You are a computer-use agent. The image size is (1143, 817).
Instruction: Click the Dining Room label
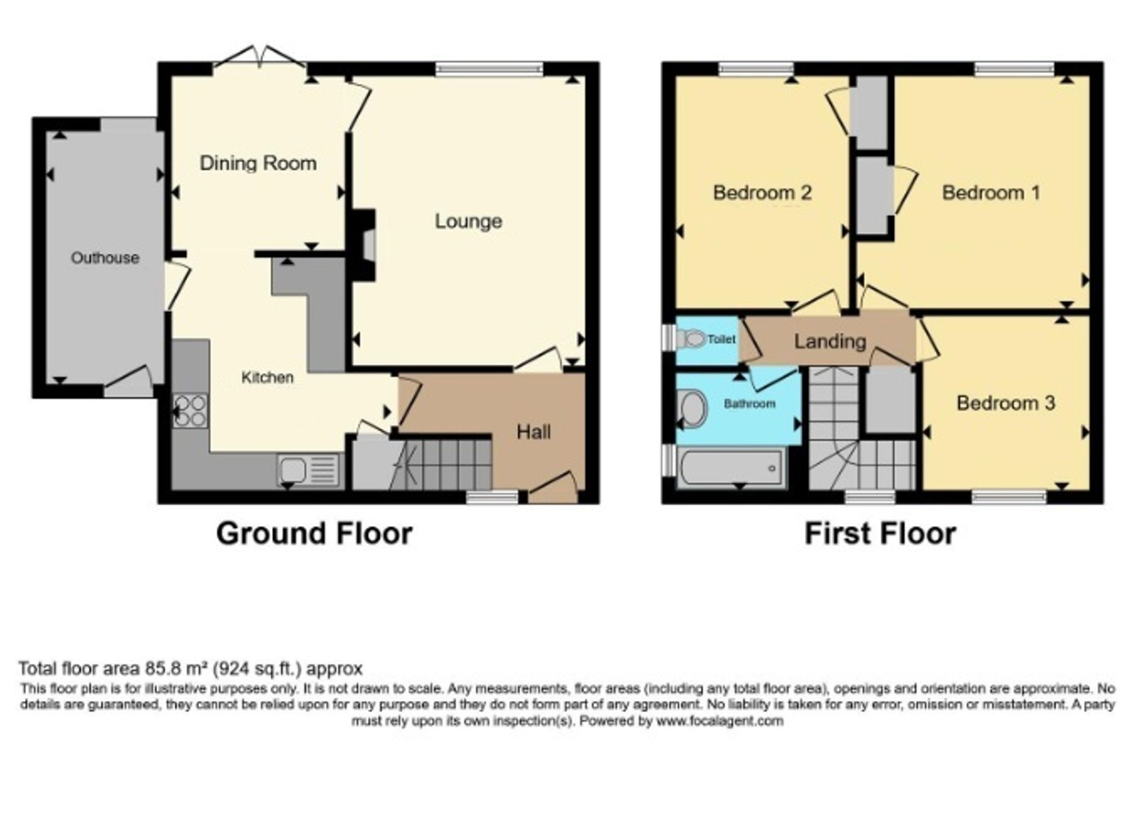point(258,163)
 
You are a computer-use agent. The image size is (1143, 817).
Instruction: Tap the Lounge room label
point(468,221)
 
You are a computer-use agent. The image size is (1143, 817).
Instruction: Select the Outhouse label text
point(105,258)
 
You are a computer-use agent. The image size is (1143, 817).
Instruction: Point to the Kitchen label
point(267,377)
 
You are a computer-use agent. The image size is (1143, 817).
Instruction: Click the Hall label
point(533,432)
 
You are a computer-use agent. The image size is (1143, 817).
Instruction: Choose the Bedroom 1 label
point(991,193)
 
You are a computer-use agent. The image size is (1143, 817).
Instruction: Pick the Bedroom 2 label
point(762,193)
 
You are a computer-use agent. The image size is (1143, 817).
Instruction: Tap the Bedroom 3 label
point(1006,403)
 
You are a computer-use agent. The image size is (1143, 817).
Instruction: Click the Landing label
point(830,342)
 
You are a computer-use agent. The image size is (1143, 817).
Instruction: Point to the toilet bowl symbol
point(692,339)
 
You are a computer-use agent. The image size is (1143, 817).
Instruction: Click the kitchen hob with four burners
point(191,411)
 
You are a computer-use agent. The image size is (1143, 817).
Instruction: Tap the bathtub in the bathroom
point(730,468)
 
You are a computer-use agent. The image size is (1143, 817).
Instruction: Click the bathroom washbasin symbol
point(692,409)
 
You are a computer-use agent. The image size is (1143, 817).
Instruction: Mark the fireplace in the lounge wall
point(364,245)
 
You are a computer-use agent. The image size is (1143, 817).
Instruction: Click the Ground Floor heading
point(314,533)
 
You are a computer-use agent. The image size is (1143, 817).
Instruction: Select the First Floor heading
point(880,533)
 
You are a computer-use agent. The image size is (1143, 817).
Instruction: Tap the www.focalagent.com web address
point(720,721)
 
